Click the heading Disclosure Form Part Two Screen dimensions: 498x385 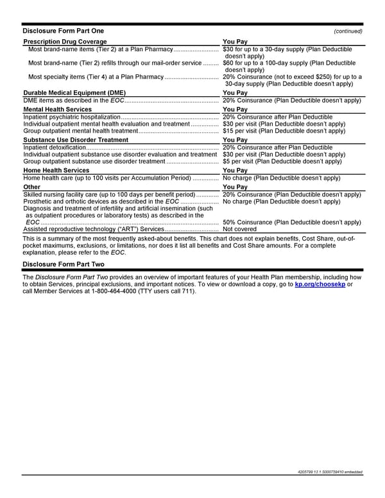pos(63,264)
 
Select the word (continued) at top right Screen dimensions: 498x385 pos(348,31)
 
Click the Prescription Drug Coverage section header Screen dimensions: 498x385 pos(65,42)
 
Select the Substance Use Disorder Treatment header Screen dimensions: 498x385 pos(76,139)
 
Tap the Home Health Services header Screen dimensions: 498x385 pos(56,170)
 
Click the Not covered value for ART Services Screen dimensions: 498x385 pos(239,229)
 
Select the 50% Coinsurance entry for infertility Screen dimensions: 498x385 pos(291,222)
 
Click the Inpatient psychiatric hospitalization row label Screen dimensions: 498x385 pos(71,117)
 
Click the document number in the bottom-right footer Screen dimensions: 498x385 pos(327,472)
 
